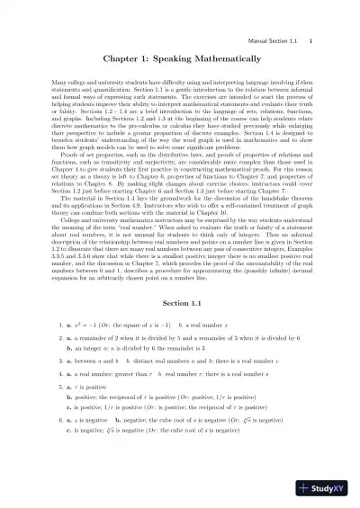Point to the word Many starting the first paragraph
coord(63,82)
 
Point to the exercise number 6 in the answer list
coord(58,419)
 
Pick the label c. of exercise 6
coord(70,431)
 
